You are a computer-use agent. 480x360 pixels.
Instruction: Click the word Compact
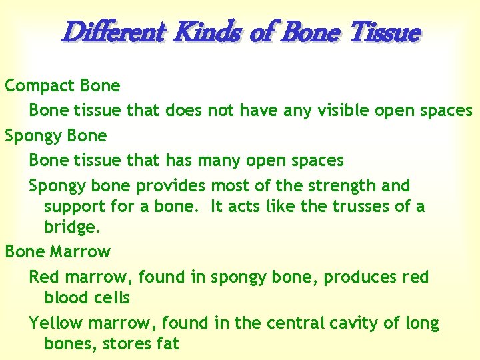pyautogui.click(x=39, y=86)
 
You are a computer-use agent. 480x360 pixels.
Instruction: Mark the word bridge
pyautogui.click(x=72, y=228)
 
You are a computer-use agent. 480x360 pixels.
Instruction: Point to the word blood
pyautogui.click(x=66, y=297)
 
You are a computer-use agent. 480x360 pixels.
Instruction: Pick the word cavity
pyautogui.click(x=359, y=324)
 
